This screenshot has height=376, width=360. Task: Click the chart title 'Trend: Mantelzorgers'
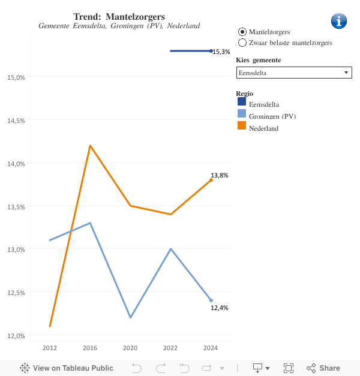coord(119,16)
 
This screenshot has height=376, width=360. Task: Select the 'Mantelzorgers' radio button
coord(242,32)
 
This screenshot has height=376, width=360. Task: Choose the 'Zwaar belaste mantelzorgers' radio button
coord(242,43)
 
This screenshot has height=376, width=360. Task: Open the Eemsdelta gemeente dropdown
coord(294,73)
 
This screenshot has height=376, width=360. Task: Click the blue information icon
coord(339,21)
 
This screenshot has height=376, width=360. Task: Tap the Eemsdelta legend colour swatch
coord(242,103)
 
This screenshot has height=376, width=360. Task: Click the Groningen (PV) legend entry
coord(272,116)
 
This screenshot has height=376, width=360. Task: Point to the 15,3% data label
coord(221,52)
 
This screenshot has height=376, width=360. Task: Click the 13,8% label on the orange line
coord(219,175)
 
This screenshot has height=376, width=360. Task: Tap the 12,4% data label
coord(219,308)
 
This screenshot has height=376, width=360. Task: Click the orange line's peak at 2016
coord(90,146)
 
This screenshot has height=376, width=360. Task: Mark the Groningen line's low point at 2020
coord(130,317)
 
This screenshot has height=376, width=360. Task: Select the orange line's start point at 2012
coord(50,326)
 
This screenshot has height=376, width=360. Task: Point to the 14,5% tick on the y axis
coord(16,120)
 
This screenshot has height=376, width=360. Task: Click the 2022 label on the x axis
coord(170,348)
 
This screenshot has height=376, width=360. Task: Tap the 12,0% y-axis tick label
coord(16,335)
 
